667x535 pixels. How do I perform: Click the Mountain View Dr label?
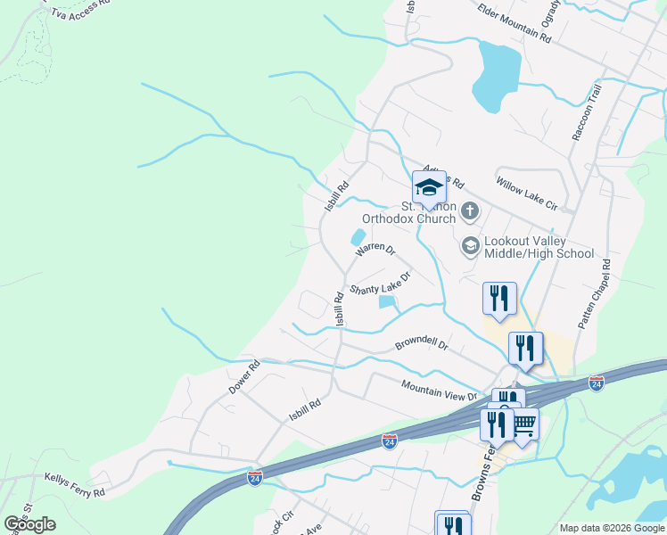pyautogui.click(x=439, y=390)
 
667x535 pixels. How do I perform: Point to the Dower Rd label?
pyautogui.click(x=243, y=378)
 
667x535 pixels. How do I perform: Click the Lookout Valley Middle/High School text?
pyautogui.click(x=539, y=247)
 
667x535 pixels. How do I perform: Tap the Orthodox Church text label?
pyautogui.click(x=408, y=218)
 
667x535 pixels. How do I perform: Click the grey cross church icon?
pyautogui.click(x=470, y=211)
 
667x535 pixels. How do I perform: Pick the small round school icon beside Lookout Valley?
pyautogui.click(x=470, y=244)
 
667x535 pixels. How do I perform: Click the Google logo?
pyautogui.click(x=29, y=524)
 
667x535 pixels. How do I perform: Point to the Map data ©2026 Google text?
pyautogui.click(x=611, y=528)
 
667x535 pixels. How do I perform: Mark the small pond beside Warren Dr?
pyautogui.click(x=358, y=237)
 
